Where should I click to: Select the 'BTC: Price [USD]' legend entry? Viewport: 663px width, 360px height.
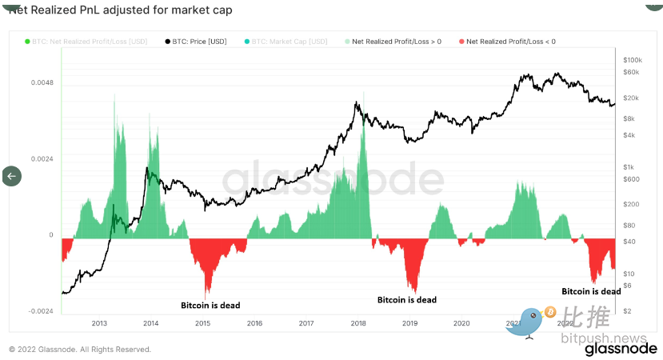[199, 41]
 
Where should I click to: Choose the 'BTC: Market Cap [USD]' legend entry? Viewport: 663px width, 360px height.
[289, 41]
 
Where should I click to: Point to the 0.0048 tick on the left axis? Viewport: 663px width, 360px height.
[42, 82]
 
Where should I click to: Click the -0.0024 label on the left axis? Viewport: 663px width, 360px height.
[41, 311]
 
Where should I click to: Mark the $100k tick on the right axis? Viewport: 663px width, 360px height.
[631, 60]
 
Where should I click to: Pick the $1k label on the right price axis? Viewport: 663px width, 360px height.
[629, 166]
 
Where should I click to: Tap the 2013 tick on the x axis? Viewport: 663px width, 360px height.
[99, 323]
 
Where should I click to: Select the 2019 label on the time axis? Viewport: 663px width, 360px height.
[409, 323]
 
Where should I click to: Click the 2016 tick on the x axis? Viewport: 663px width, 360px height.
[254, 323]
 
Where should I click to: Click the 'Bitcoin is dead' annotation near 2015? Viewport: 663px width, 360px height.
[210, 305]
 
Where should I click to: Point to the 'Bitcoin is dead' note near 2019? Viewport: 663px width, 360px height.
[407, 300]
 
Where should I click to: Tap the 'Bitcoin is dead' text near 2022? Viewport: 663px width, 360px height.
[591, 292]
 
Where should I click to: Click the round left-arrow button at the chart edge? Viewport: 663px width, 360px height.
[11, 176]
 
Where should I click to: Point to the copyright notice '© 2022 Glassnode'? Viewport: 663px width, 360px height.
[79, 350]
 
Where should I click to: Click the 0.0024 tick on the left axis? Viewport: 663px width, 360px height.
[42, 158]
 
